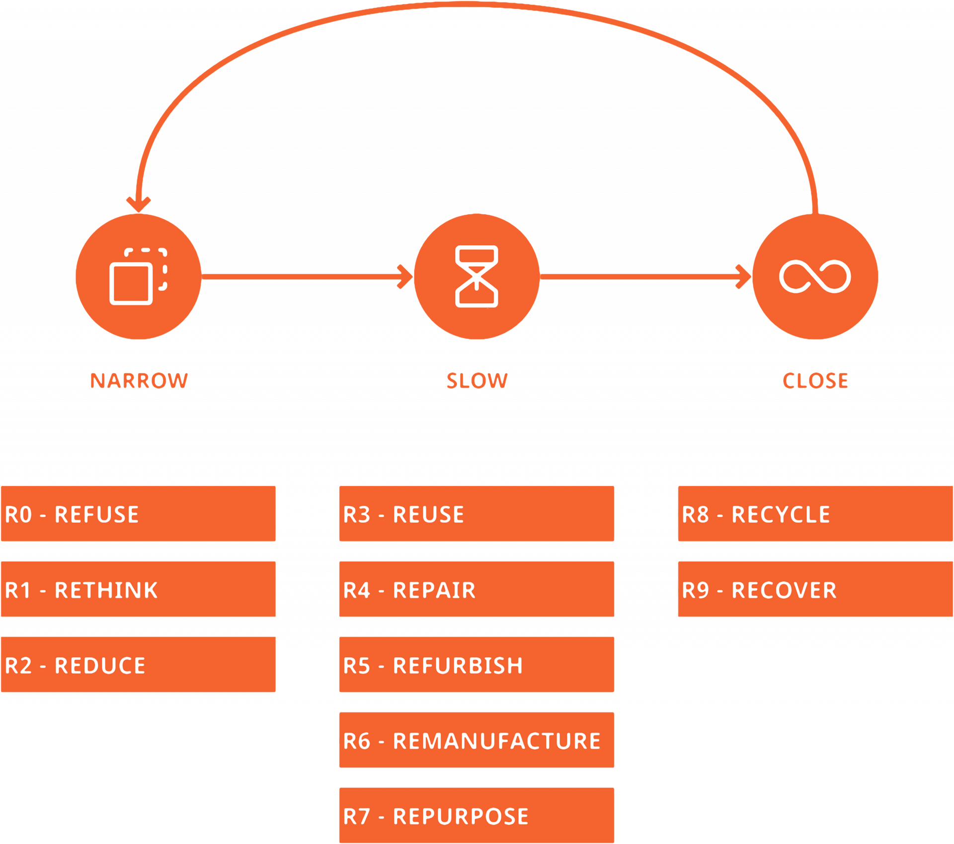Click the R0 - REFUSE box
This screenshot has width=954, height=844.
click(x=138, y=513)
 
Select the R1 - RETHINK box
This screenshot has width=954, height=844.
click(x=138, y=589)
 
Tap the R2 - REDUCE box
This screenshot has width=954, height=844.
click(x=138, y=665)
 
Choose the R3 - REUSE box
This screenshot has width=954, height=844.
click(x=477, y=513)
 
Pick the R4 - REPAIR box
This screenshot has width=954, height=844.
click(x=477, y=589)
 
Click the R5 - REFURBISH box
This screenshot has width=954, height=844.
click(x=477, y=665)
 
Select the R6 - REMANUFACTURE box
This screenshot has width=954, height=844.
click(x=477, y=740)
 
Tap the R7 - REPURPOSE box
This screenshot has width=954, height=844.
click(x=477, y=815)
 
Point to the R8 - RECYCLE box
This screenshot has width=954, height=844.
click(x=815, y=513)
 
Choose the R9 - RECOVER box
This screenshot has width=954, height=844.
click(x=815, y=589)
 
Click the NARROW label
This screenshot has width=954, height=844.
click(x=139, y=381)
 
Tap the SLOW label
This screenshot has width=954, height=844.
click(x=477, y=381)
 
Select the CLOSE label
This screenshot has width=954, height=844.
click(x=815, y=381)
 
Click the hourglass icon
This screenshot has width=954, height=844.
click(x=477, y=276)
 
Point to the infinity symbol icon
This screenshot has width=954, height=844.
click(x=815, y=276)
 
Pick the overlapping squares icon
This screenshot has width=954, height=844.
click(x=139, y=276)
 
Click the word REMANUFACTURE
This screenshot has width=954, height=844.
click(x=497, y=741)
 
